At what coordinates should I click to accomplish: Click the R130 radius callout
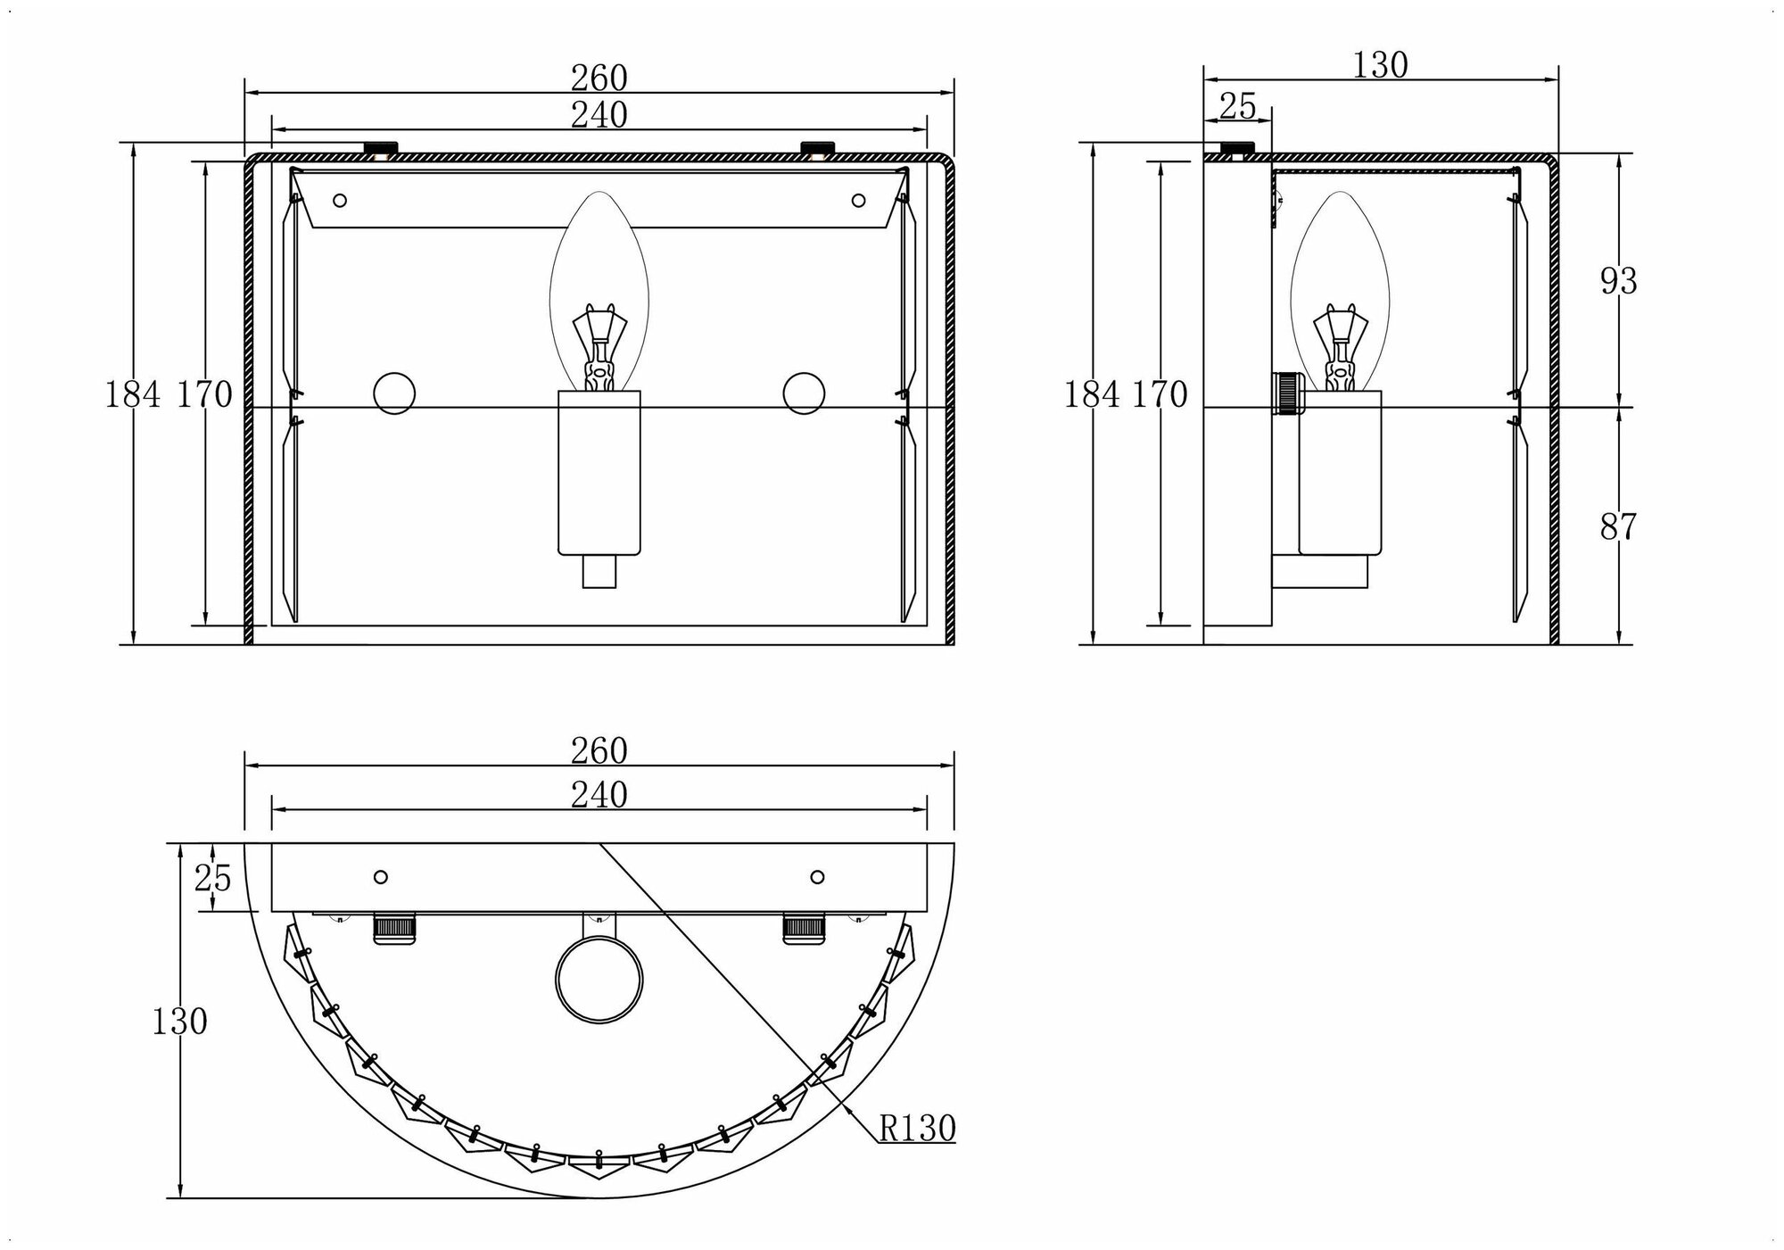tap(917, 1129)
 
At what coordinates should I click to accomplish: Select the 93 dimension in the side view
tap(1618, 281)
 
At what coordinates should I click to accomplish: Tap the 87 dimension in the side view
tap(1618, 527)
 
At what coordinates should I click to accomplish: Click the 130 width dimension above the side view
tap(1380, 65)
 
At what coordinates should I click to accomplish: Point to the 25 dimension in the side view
tap(1237, 107)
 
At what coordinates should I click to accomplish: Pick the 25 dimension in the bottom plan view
tap(212, 878)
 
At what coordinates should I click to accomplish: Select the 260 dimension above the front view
tap(599, 79)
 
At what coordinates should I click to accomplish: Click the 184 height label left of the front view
tap(133, 394)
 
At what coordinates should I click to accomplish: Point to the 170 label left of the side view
tap(1160, 394)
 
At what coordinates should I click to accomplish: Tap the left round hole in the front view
tap(394, 393)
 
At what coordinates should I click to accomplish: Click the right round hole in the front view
tap(804, 393)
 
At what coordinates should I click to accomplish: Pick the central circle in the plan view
tap(599, 980)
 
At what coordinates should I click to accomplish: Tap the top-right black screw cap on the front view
tap(815, 147)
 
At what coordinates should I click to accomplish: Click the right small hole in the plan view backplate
tap(818, 877)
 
